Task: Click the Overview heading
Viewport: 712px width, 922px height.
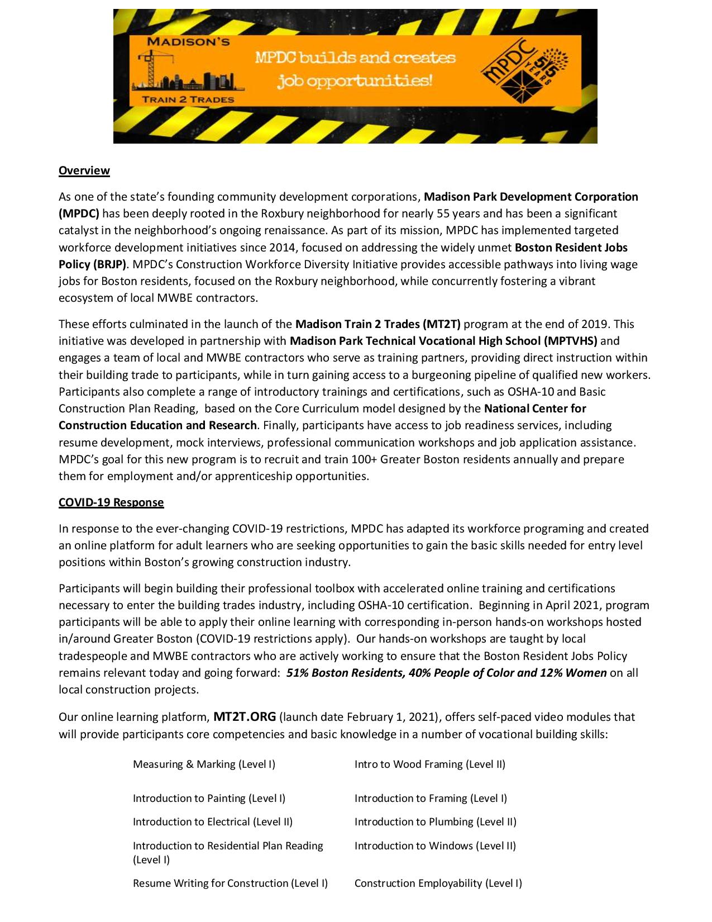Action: tap(84, 170)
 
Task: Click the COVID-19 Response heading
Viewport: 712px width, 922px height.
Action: tap(111, 502)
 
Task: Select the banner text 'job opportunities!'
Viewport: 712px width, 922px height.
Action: tap(355, 81)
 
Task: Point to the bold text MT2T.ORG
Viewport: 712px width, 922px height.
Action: tap(245, 716)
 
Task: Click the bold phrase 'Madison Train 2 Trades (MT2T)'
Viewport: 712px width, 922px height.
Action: tap(378, 324)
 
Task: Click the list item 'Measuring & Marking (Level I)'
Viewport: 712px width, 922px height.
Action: tap(204, 764)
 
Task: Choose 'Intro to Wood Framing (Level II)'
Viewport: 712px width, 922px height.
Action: tap(429, 764)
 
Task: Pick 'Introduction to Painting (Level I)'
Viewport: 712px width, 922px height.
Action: tap(209, 798)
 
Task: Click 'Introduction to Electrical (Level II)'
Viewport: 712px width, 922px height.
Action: tap(212, 821)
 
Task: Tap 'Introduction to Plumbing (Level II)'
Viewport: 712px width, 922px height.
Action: tap(435, 821)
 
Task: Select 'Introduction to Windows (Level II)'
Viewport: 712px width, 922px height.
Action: tap(435, 845)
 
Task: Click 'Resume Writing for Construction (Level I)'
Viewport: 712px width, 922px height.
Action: tap(230, 883)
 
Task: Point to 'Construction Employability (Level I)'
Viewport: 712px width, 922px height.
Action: tap(438, 883)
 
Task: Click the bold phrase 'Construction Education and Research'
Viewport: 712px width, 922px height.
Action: tap(157, 425)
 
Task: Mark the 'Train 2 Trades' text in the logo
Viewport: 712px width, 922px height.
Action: tap(188, 99)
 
